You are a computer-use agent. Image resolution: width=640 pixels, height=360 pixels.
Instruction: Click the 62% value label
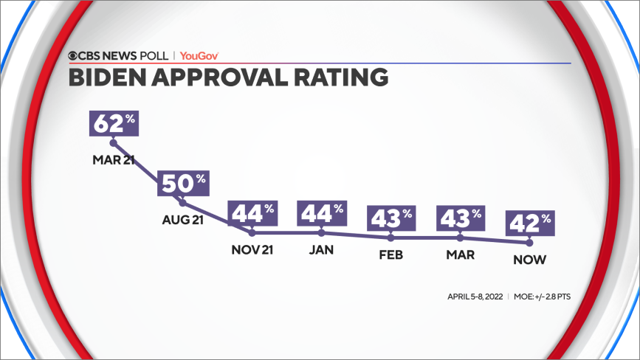click(114, 122)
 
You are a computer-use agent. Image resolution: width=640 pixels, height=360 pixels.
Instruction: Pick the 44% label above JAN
click(322, 213)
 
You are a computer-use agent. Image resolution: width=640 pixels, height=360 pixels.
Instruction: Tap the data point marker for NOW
click(529, 242)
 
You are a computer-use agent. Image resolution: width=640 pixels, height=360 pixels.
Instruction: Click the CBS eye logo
click(75, 55)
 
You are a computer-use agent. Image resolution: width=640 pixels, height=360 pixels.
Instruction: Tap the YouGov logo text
click(199, 55)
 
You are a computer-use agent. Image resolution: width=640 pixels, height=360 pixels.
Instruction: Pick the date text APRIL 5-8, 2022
click(475, 297)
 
